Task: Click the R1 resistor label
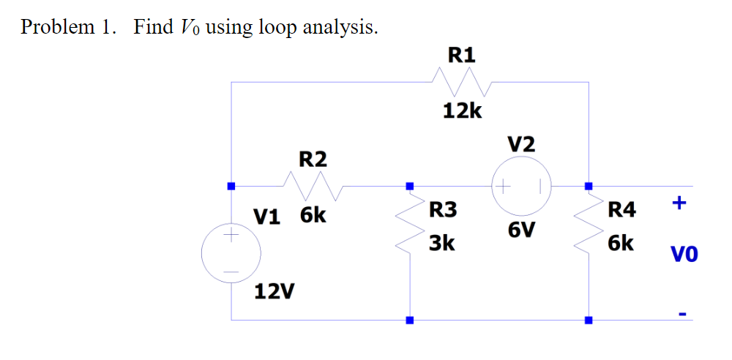point(461,54)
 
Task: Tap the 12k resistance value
point(462,111)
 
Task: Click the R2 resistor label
point(313,159)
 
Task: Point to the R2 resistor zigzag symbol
point(313,185)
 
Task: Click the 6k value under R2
point(313,217)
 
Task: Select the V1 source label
point(267,217)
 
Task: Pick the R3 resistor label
point(442,211)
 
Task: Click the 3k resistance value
point(442,243)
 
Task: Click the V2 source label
point(520,144)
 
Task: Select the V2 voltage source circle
point(521,185)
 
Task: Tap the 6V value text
point(520,231)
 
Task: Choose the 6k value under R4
point(621,243)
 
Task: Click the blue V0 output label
point(684,255)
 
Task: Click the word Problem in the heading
point(58,28)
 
